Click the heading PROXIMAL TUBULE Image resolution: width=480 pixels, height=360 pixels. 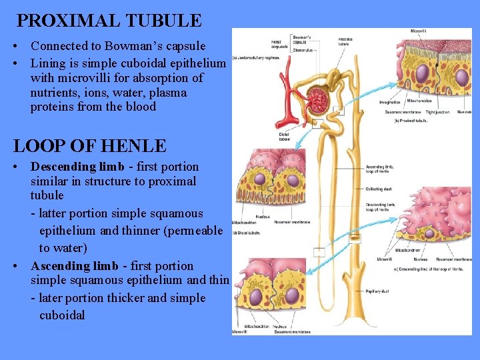[x=109, y=21]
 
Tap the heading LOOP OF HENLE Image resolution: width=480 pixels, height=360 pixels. [x=90, y=145]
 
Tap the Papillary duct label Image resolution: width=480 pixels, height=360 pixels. [x=377, y=291]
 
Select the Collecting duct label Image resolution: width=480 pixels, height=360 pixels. [x=378, y=189]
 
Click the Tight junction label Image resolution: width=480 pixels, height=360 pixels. [x=439, y=111]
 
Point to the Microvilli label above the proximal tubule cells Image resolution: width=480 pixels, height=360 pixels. [x=419, y=31]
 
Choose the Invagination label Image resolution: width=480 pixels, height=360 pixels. [x=390, y=102]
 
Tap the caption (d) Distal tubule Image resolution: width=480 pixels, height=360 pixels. [x=246, y=232]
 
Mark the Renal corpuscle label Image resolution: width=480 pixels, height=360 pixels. [x=280, y=43]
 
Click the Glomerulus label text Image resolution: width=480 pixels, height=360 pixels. [x=303, y=49]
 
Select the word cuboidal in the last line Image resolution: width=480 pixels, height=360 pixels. [x=62, y=315]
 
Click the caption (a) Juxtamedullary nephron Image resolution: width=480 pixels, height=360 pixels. [x=256, y=58]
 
